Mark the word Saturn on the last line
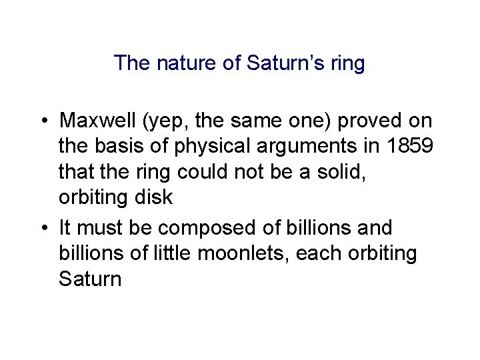click(90, 278)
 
